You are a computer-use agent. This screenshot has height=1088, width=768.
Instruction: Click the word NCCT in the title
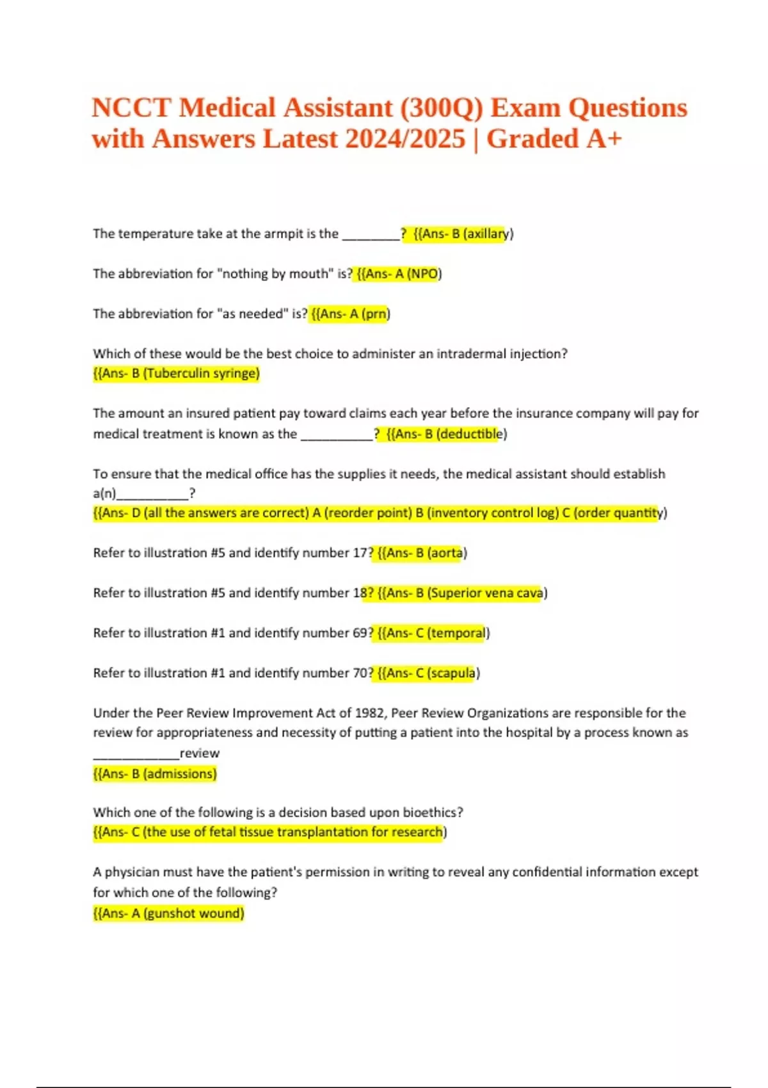[x=131, y=108]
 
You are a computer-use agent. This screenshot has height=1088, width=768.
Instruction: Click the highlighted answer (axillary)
[x=488, y=234]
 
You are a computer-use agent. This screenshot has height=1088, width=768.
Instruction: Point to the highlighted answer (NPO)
[x=424, y=274]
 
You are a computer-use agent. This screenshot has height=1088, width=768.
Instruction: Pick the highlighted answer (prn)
[x=376, y=314]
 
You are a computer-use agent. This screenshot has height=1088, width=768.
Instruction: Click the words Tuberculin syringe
[x=202, y=373]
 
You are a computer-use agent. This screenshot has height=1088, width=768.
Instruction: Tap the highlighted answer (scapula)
[x=454, y=673]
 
